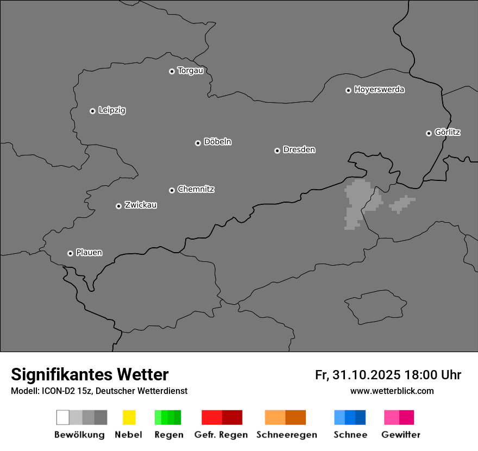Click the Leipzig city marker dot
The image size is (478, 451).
[92, 111]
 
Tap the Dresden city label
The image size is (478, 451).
[299, 150]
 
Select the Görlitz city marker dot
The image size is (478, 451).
[429, 133]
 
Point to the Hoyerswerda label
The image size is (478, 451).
[379, 90]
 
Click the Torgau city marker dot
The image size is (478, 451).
[172, 71]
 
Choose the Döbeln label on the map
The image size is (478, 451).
[217, 142]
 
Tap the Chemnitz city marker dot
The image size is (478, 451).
[172, 190]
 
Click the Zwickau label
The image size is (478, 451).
[141, 205]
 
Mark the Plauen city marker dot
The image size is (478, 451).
[70, 253]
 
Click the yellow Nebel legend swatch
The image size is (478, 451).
[129, 417]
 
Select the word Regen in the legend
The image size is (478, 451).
[168, 435]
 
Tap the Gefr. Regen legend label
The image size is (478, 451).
[221, 435]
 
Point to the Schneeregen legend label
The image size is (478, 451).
[286, 435]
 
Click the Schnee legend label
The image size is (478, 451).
[350, 435]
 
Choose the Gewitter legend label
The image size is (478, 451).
[401, 435]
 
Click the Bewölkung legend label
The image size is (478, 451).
[79, 435]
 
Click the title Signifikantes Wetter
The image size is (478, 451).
[90, 374]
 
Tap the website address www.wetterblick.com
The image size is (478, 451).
[392, 391]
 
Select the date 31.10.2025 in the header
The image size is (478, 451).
[367, 375]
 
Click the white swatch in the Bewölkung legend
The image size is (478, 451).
[62, 417]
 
